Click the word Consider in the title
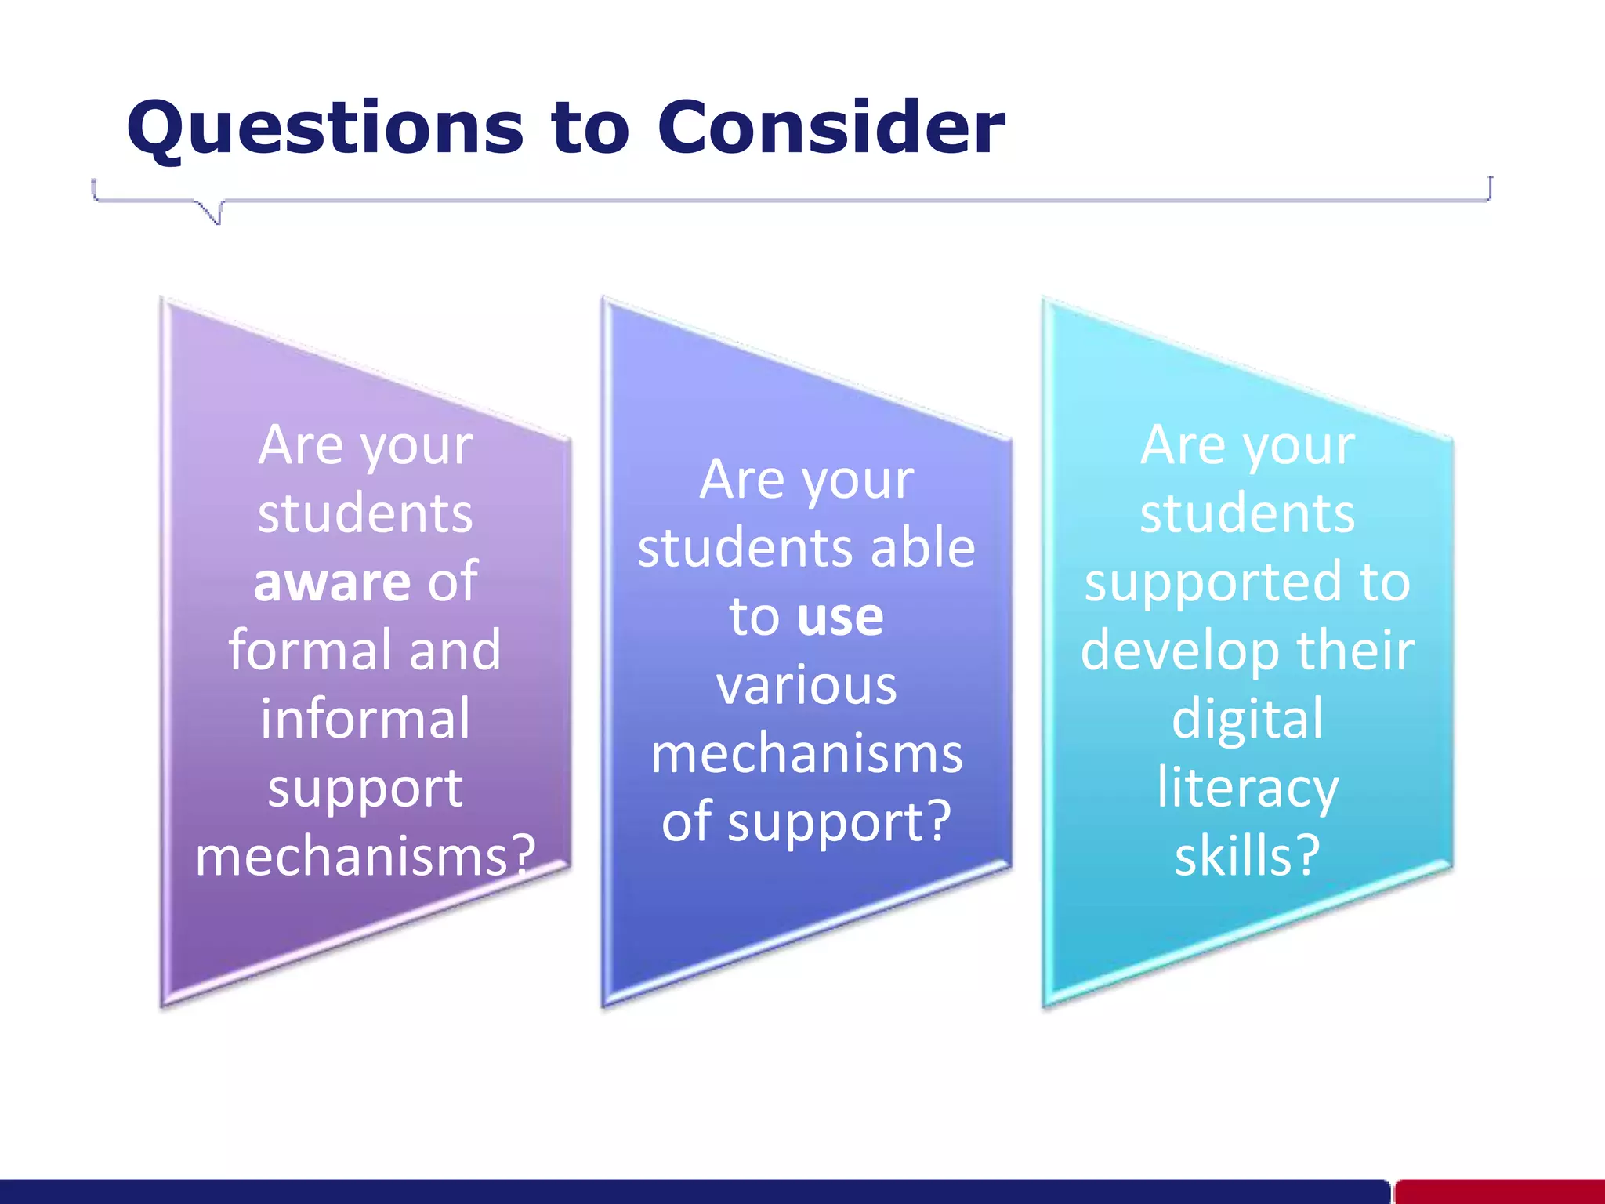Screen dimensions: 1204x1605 [x=831, y=128]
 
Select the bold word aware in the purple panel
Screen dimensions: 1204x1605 [x=332, y=582]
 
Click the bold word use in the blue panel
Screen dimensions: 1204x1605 [x=840, y=617]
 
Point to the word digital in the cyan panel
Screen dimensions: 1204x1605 [x=1247, y=720]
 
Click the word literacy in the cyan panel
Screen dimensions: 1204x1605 [x=1248, y=788]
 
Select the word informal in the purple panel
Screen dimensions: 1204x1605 [x=365, y=720]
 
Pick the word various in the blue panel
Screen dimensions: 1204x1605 [x=806, y=686]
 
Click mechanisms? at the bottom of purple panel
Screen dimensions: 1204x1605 [x=365, y=856]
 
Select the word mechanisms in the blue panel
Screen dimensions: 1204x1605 [x=806, y=754]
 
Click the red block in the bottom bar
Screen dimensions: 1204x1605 [x=1498, y=1191]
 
